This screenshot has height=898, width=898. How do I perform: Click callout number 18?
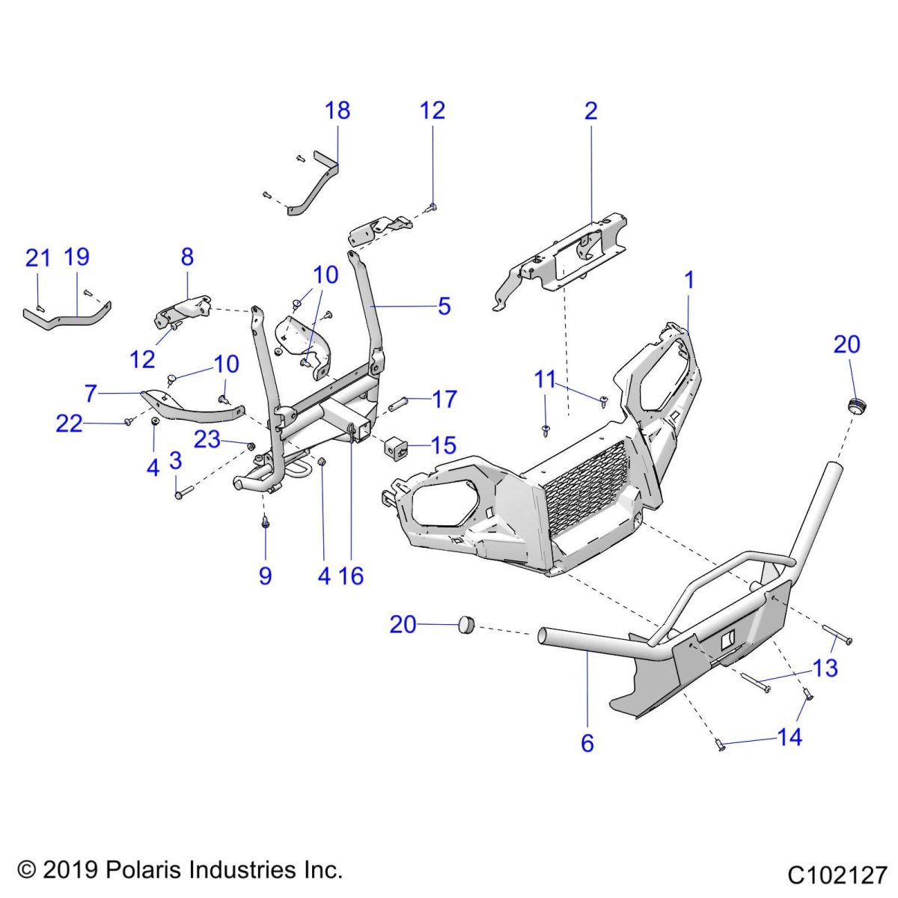tap(337, 111)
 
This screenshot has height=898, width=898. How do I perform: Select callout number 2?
tap(590, 111)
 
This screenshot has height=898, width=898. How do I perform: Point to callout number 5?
tap(444, 306)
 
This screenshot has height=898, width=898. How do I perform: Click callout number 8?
tap(187, 257)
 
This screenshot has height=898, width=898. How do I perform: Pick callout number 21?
tap(37, 257)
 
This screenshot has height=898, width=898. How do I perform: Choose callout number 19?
tap(77, 257)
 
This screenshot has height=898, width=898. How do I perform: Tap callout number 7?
tap(91, 394)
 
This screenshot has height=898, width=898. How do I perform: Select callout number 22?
tap(69, 424)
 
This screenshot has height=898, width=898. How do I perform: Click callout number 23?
tap(207, 439)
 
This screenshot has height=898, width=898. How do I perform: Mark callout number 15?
tap(443, 445)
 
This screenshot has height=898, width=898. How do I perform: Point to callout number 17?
tap(444, 399)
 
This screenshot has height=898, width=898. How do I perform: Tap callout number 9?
tap(265, 576)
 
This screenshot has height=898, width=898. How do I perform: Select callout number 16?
tap(352, 576)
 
